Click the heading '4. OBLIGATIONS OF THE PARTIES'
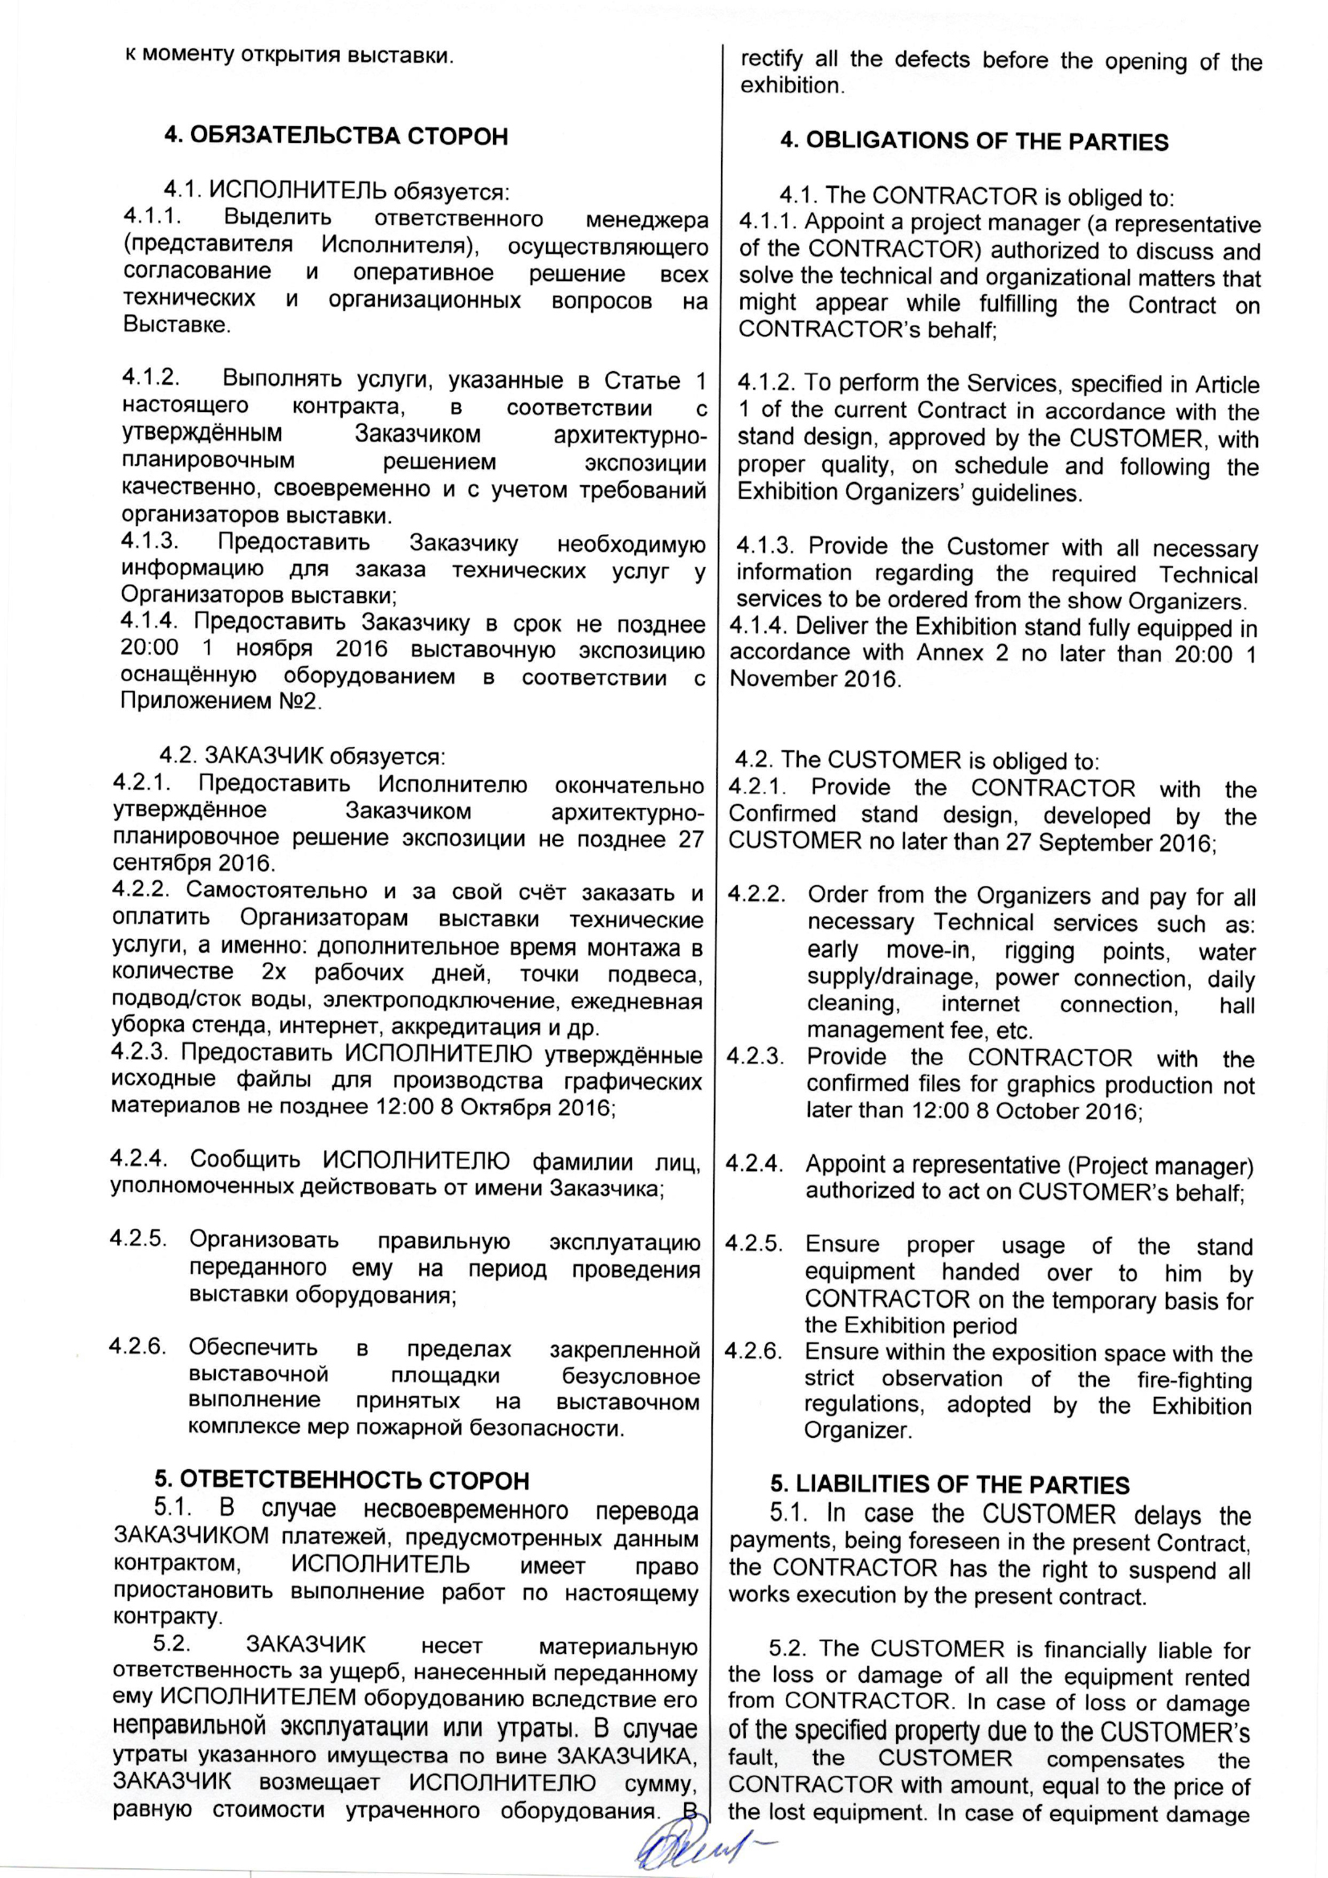coord(974,141)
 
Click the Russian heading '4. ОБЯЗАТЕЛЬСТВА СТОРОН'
coord(336,136)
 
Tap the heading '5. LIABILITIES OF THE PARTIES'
coord(949,1484)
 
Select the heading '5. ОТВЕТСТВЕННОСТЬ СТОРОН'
coord(342,1480)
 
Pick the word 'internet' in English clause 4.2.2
coord(980,1003)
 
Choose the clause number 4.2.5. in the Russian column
coord(138,1239)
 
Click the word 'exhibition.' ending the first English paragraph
coord(791,86)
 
